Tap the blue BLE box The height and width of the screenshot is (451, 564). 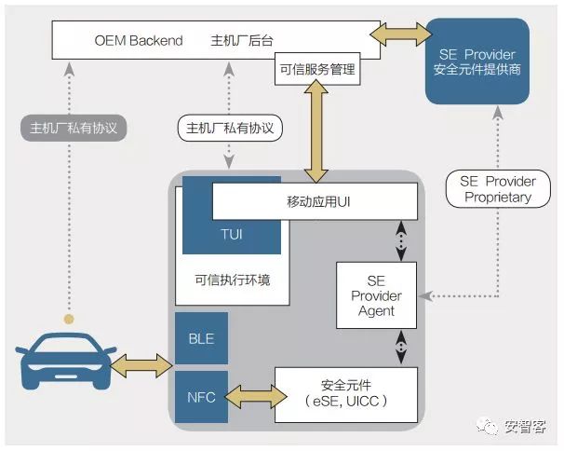pyautogui.click(x=201, y=339)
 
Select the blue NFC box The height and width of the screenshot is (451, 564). pyautogui.click(x=201, y=397)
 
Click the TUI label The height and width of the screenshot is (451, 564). pyautogui.click(x=233, y=234)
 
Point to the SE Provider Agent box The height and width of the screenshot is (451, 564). pyautogui.click(x=376, y=295)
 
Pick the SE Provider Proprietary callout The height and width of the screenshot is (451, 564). pyautogui.click(x=497, y=189)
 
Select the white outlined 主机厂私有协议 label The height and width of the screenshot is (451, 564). pyautogui.click(x=229, y=128)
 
